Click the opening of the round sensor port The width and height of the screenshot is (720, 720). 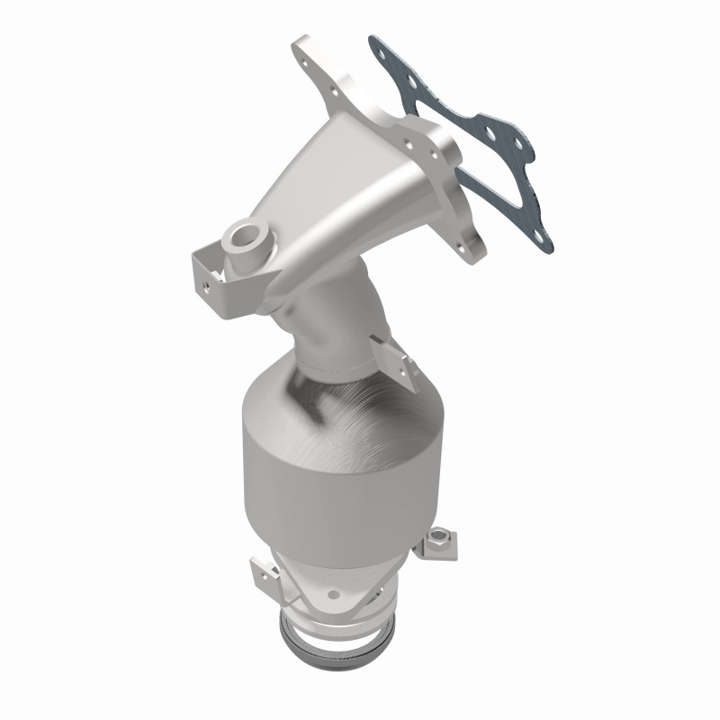242,237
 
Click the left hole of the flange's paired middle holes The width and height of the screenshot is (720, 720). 409,142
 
